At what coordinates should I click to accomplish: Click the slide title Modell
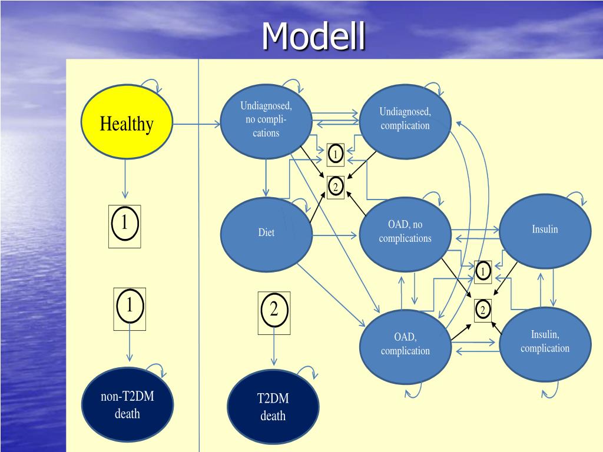(313, 36)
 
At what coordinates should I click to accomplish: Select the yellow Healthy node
(127, 122)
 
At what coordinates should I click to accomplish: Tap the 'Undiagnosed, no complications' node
(266, 120)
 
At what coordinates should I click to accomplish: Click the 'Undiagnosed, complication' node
(405, 120)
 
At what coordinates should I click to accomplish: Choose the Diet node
(266, 233)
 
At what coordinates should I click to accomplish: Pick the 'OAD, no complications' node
(405, 233)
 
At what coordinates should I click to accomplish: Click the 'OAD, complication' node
(405, 346)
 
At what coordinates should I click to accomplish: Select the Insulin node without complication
(545, 231)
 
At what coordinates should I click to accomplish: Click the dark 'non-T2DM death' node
(127, 404)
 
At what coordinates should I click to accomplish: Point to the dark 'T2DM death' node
(273, 407)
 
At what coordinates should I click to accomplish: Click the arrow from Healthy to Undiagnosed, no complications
(197, 124)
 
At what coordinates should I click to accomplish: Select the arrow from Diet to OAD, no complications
(334, 235)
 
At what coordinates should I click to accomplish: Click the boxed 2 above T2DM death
(274, 313)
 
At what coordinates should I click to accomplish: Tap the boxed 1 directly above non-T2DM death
(130, 309)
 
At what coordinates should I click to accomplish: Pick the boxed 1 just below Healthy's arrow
(125, 227)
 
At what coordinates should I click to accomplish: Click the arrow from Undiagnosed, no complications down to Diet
(266, 177)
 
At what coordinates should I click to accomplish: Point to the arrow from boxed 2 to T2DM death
(274, 350)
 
